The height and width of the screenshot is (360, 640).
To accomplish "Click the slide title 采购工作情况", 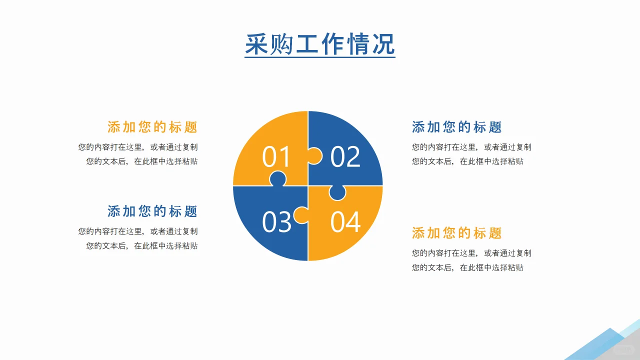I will point(320,44).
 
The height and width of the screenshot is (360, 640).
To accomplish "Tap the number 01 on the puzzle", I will point(276,156).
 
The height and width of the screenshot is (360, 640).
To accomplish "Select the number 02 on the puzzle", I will point(345,156).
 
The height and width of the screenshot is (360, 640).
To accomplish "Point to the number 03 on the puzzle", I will point(276,221).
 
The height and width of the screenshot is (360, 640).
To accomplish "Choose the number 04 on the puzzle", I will point(345,221).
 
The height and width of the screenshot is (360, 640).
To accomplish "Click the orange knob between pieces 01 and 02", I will point(314,156).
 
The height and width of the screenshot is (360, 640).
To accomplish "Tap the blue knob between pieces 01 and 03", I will point(278,179).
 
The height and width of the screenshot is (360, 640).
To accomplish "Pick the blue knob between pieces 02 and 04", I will point(337,192).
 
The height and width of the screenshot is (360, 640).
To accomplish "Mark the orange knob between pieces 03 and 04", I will point(301,215).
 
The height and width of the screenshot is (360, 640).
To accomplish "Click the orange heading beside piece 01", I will point(152,127).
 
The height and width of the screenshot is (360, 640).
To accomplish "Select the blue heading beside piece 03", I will point(152,211).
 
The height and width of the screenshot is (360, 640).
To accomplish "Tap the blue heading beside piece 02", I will point(456,127).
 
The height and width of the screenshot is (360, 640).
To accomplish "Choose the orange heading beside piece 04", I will point(456,233).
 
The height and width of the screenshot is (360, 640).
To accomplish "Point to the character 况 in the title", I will point(382,44).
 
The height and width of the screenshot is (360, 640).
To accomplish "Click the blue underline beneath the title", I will point(320,57).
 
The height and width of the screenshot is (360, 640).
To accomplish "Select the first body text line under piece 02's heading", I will point(471,147).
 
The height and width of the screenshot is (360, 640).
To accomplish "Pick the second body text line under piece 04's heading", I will point(467,267).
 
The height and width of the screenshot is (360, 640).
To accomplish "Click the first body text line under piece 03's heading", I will point(138,231).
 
